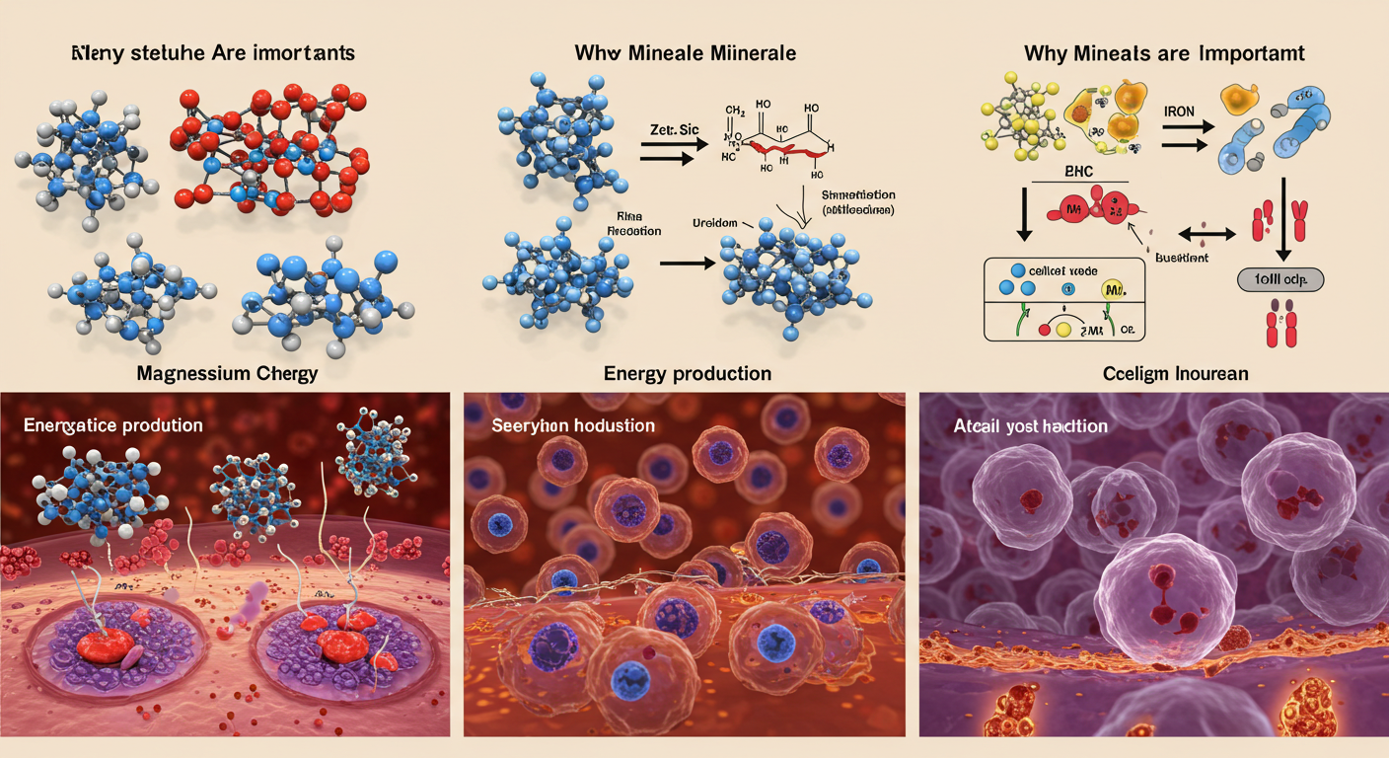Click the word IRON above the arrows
pos(1178,113)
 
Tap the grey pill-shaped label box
pos(1279,280)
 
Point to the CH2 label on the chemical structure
pos(734,110)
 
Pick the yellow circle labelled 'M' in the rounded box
pos(1111,290)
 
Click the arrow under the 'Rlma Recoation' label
pos(685,264)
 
